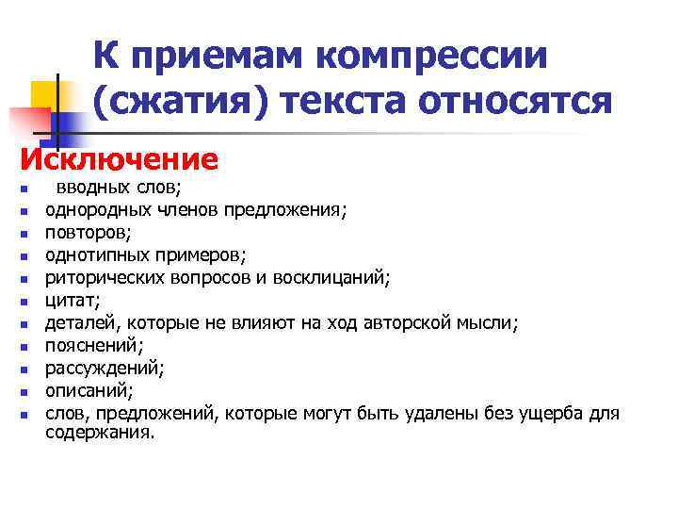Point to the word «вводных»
tap(87, 188)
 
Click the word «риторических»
tap(95, 277)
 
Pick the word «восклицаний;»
tap(336, 277)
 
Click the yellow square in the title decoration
tap(45, 94)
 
